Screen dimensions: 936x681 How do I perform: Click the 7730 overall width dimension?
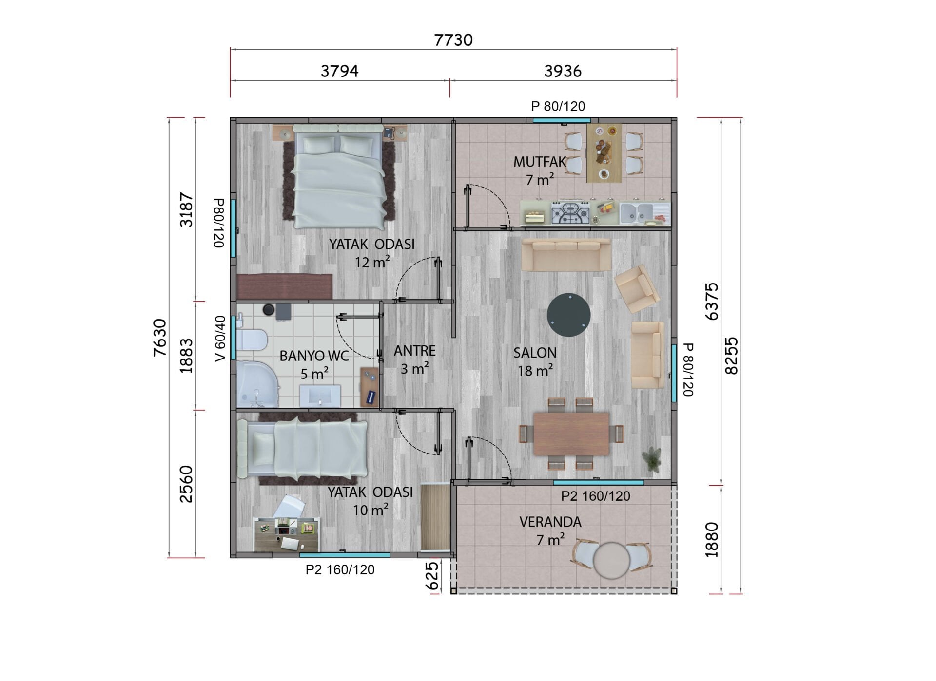[x=453, y=39]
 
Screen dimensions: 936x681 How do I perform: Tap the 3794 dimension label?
[x=339, y=71]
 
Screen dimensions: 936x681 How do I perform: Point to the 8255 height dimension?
[x=732, y=356]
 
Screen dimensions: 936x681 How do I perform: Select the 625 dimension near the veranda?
[x=432, y=576]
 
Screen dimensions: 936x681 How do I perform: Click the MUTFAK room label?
[x=539, y=162]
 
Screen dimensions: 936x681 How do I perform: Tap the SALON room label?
[x=535, y=353]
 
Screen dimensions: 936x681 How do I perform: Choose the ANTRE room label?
[x=415, y=351]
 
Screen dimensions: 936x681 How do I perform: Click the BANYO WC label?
[x=314, y=356]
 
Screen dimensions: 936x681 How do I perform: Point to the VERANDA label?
[x=550, y=522]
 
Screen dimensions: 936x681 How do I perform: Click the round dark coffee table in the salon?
[x=569, y=315]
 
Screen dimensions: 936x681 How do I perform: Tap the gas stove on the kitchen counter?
[x=570, y=213]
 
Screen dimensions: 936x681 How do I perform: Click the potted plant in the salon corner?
[x=652, y=459]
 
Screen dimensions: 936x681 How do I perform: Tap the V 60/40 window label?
[x=220, y=339]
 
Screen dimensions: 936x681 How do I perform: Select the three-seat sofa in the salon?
[x=566, y=255]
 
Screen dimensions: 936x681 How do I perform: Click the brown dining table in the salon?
[x=571, y=434]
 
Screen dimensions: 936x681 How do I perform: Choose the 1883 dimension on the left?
[x=187, y=356]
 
